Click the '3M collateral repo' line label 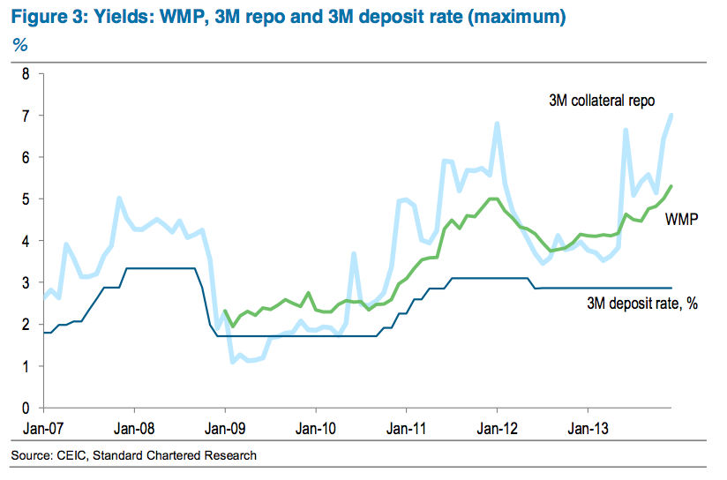tap(601, 100)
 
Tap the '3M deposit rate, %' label tap(641, 304)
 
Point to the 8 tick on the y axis tap(26, 74)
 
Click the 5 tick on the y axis tap(26, 199)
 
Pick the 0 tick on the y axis tap(26, 409)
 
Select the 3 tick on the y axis tap(26, 283)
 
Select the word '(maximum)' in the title tap(514, 17)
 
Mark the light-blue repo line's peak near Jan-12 tap(498, 124)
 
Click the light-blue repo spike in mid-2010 tap(353, 254)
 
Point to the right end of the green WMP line tap(672, 186)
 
